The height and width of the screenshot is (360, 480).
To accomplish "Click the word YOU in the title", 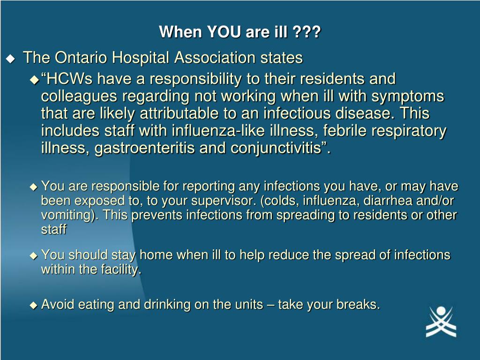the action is click(225, 31).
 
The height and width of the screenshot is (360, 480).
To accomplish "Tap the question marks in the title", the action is click(306, 31).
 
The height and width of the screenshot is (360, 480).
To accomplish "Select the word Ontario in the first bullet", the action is click(81, 57).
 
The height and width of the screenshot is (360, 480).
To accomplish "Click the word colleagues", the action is click(79, 97).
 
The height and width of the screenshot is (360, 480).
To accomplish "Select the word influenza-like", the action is click(218, 131).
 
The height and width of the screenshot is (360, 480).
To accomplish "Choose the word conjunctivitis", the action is click(277, 148).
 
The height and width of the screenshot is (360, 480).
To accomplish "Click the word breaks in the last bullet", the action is click(358, 304).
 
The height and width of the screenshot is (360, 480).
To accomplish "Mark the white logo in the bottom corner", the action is click(441, 322).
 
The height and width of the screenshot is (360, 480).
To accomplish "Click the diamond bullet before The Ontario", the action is click(10, 59).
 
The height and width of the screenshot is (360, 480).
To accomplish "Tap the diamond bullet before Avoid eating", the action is click(33, 305).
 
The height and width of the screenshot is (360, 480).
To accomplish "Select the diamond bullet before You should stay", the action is click(33, 255).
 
